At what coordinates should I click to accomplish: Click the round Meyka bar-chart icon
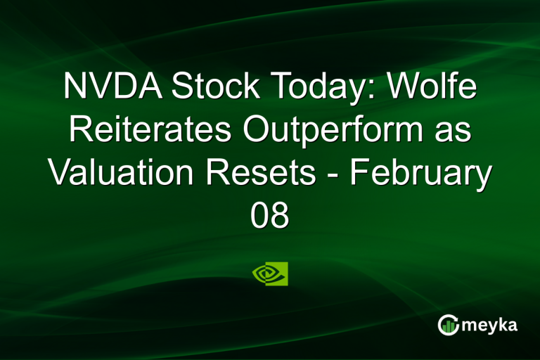tap(448, 325)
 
